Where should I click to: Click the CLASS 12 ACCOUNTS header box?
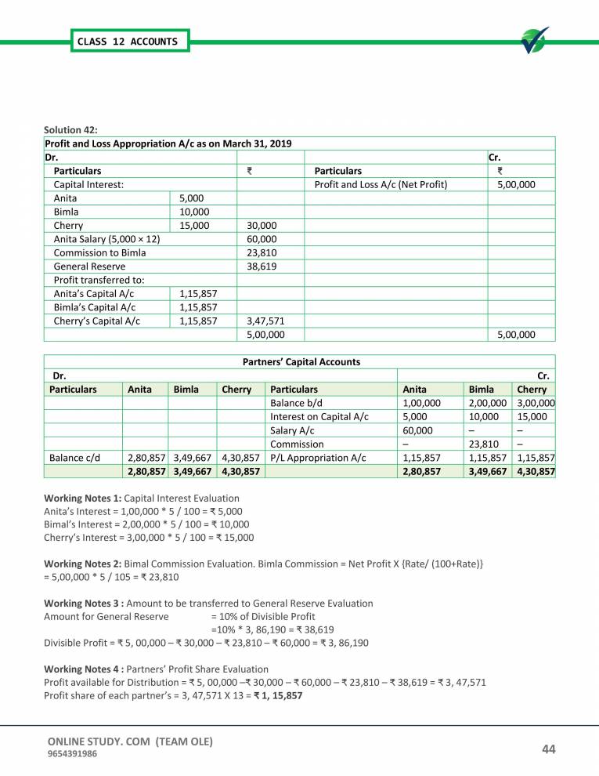127,41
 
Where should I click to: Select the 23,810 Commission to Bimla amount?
261,252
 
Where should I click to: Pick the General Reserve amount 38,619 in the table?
261,267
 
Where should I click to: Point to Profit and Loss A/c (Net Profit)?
381,184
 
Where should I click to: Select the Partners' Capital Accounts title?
298,361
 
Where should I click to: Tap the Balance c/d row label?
74,457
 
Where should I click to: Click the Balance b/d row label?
296,401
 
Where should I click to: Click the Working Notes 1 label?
83,499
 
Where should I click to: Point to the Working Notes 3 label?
84,604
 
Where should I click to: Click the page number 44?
549,749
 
